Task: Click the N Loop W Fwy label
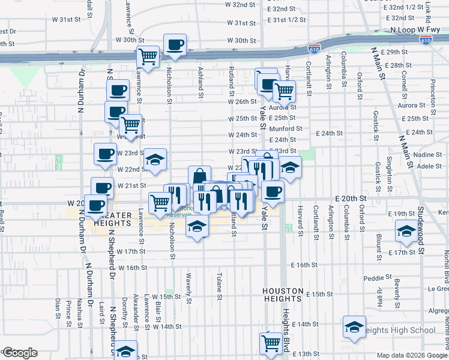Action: point(414,29)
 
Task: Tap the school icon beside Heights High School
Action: point(354,328)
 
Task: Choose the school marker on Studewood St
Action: point(406,231)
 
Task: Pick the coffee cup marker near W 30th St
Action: point(175,45)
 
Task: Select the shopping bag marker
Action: point(199,177)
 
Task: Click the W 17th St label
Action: point(131,251)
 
